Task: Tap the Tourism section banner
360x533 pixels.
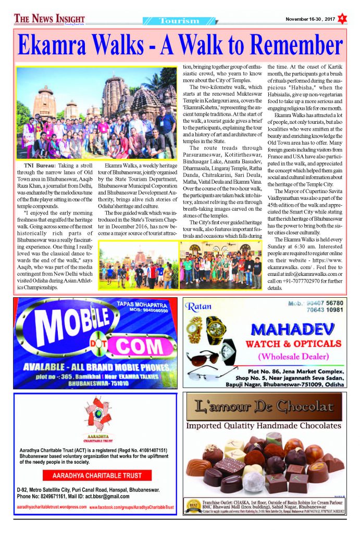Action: click(x=179, y=21)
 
